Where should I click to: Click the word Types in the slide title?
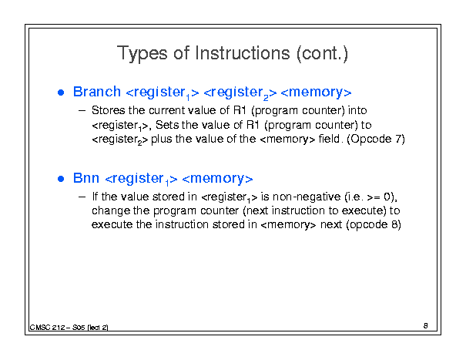coord(142,54)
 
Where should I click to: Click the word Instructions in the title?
coord(243,53)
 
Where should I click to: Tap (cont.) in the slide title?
coord(322,53)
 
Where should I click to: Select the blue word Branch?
coord(97,92)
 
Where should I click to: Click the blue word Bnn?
coord(86,178)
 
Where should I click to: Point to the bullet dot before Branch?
coord(61,93)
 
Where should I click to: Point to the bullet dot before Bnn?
coord(61,179)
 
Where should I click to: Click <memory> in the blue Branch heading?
coord(316,93)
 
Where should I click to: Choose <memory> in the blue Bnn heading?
coord(217,179)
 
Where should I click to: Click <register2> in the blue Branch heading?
coord(240,93)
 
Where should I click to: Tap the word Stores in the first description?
coord(108,110)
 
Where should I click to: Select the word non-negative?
coord(307,197)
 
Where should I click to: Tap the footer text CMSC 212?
coord(47,328)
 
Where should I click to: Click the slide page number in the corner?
coord(426,326)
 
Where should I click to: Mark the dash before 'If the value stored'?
coord(82,197)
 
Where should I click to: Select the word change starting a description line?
coord(111,211)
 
